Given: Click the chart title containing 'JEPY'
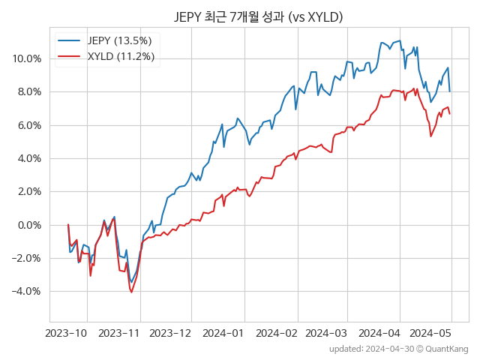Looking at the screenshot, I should click(259, 16).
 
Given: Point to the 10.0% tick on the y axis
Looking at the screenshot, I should click(26, 58).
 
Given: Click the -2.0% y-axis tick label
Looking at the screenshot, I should click(26, 258).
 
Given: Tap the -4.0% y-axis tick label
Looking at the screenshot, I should click(26, 291).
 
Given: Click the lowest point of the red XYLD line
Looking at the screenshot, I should click(131, 292).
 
